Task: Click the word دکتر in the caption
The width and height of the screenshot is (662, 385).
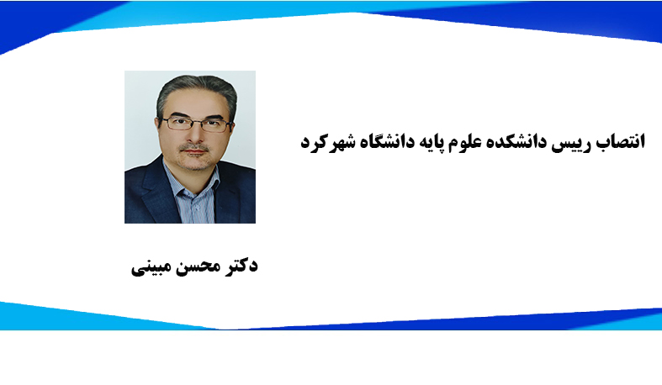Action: coord(238,267)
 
